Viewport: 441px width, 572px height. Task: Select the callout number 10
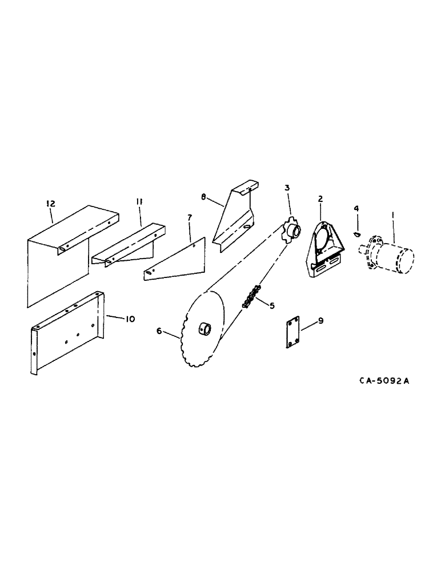click(x=130, y=319)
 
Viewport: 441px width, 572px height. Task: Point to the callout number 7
click(x=189, y=217)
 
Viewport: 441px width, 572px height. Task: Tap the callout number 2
click(x=320, y=198)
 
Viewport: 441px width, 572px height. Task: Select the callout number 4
click(x=356, y=209)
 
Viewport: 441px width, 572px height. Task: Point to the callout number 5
click(x=272, y=306)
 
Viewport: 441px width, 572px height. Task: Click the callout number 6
click(x=159, y=331)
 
